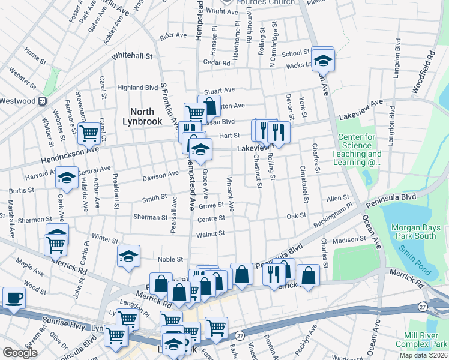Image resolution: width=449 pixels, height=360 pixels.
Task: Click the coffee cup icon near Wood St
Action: tap(14, 298)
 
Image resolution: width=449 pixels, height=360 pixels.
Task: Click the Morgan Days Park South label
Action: tap(414, 232)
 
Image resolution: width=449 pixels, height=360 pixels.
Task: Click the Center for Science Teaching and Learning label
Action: tap(359, 149)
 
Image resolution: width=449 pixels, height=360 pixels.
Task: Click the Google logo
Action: tap(20, 352)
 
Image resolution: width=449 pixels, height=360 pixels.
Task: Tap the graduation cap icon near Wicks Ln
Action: tap(323, 59)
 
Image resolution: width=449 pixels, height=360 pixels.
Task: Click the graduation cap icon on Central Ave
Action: tap(67, 178)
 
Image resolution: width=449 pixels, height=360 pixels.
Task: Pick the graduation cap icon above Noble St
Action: tap(128, 256)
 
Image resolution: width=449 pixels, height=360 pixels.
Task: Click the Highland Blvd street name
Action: tap(137, 88)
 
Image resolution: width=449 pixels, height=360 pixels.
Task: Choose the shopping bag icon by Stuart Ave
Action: tap(209, 107)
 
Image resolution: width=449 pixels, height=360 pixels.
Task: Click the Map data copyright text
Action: tap(423, 355)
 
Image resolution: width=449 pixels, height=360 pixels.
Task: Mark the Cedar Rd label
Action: tap(217, 62)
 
